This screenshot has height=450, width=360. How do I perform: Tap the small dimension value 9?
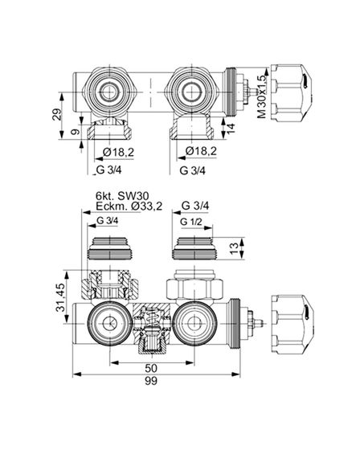[75, 133]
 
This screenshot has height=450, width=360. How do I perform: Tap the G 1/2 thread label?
[191, 222]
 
